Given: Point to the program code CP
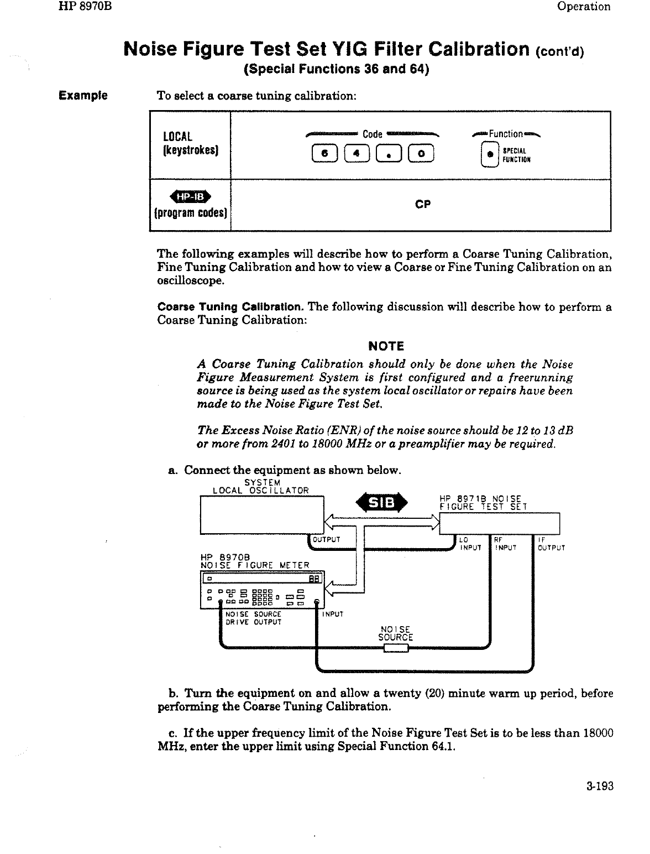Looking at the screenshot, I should click(423, 205).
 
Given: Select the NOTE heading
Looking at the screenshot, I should click(386, 346).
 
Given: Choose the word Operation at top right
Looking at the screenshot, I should click(584, 7).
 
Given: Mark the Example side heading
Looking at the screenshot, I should click(83, 96).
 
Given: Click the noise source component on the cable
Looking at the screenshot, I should click(396, 648).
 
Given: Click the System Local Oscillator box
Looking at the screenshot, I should click(261, 515).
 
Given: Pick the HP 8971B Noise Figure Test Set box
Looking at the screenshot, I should click(499, 524).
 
